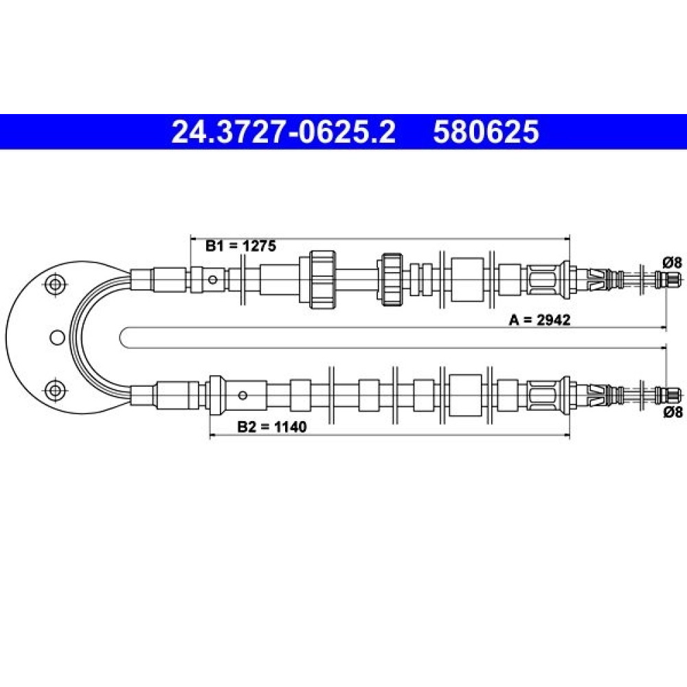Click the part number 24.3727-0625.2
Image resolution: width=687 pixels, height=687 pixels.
tap(284, 132)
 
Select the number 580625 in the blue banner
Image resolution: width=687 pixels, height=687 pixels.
tap(486, 132)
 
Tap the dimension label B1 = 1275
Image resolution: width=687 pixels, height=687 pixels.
tap(241, 246)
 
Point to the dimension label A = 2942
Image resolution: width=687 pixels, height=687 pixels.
tap(539, 320)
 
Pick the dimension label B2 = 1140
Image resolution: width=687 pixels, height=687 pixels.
tap(271, 427)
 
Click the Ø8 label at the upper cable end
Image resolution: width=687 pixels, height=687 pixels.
tap(673, 262)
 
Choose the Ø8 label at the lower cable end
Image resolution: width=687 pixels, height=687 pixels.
tap(673, 412)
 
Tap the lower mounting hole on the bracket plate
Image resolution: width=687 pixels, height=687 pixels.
tap(55, 390)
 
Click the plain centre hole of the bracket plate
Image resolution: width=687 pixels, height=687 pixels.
tap(58, 337)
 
